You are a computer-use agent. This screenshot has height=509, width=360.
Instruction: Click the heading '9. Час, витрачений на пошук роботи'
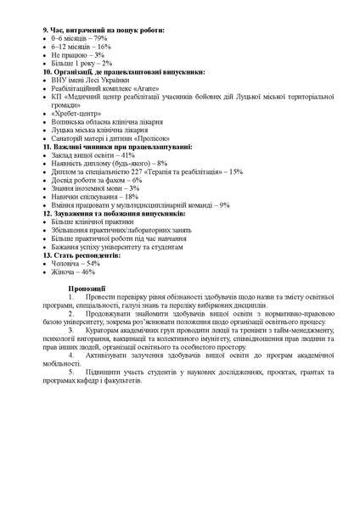coord(102,30)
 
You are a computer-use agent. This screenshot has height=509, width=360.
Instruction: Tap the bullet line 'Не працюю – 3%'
coord(77,54)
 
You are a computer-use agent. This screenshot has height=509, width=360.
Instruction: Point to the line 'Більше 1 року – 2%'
coord(82,63)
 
